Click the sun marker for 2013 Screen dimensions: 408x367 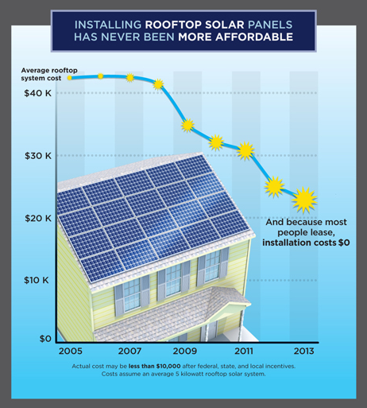304,198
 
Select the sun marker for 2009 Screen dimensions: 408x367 187,125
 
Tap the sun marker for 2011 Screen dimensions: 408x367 246,150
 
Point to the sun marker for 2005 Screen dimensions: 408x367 70,78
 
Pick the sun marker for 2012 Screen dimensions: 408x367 275,187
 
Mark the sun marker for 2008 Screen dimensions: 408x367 158,84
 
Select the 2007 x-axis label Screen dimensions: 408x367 129,351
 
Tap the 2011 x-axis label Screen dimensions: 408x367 246,351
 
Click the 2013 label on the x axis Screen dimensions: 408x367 304,351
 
